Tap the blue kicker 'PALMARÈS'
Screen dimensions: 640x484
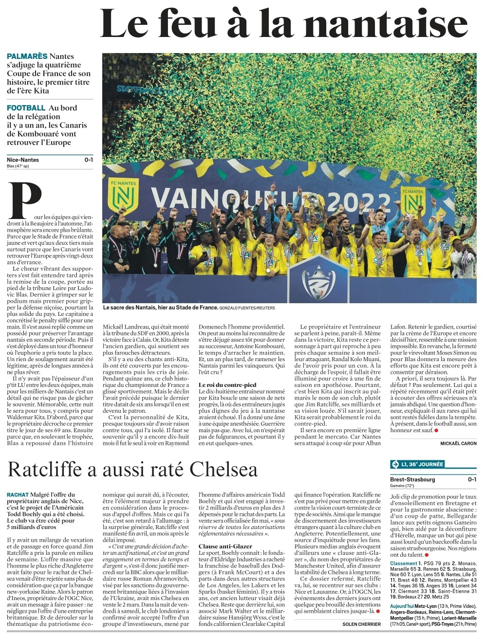(27, 56)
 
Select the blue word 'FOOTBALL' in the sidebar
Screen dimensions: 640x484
(26, 108)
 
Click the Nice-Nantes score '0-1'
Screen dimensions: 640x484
(89, 160)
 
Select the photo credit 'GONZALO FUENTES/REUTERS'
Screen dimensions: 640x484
(247, 308)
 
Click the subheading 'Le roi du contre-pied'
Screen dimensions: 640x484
(227, 384)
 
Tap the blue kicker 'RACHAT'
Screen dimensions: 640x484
(18, 494)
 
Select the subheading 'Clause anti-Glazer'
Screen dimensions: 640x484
(224, 547)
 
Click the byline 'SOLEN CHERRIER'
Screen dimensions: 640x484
(362, 624)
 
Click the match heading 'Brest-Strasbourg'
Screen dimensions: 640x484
(413, 479)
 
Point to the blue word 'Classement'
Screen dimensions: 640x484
(404, 563)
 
